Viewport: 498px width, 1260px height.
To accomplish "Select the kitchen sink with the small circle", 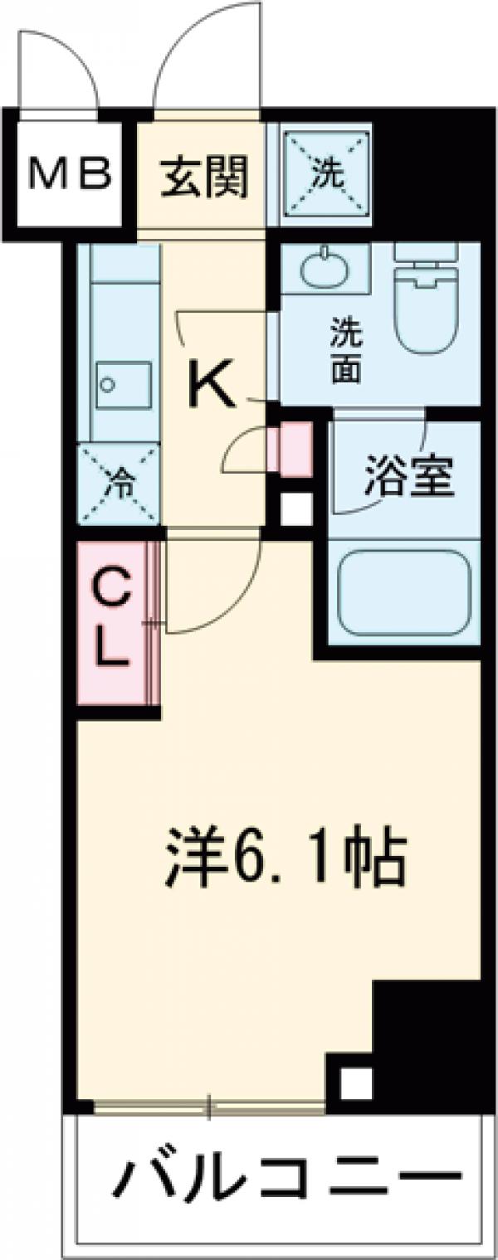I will click(123, 385).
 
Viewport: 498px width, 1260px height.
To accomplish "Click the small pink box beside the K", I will click(295, 450).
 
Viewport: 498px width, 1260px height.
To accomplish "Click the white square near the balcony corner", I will click(354, 1082).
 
